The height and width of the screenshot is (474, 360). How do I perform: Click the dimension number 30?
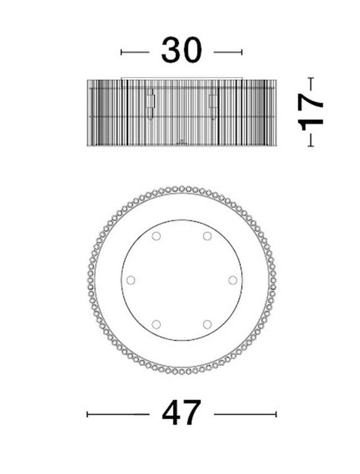(x=181, y=50)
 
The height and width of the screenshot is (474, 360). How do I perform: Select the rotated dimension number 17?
(x=310, y=112)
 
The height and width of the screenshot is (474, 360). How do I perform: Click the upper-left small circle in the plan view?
(x=156, y=236)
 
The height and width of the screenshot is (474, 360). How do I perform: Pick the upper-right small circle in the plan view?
(x=207, y=236)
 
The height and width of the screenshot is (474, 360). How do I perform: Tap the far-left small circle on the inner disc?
(x=130, y=280)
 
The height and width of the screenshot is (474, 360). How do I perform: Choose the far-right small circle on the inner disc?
(x=233, y=280)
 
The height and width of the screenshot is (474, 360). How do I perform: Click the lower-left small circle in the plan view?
(x=156, y=324)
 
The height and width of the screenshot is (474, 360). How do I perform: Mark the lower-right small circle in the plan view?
(x=207, y=324)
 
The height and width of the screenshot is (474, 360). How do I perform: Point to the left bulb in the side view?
(x=150, y=104)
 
